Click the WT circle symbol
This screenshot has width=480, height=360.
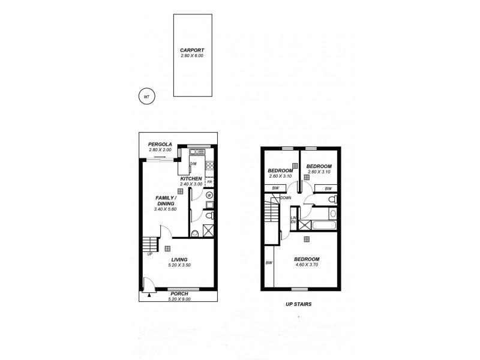pyautogui.click(x=146, y=95)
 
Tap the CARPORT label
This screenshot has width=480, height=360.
pyautogui.click(x=192, y=50)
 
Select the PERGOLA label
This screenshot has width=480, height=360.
pyautogui.click(x=161, y=144)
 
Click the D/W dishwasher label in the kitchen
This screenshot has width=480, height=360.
pyautogui.click(x=193, y=164)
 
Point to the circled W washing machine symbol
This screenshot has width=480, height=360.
pyautogui.click(x=209, y=195)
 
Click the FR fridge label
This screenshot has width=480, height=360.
pyautogui.click(x=209, y=182)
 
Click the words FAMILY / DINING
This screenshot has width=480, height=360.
pyautogui.click(x=165, y=200)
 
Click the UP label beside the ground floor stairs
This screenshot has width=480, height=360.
pyautogui.click(x=149, y=254)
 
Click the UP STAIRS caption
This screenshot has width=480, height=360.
pyautogui.click(x=298, y=304)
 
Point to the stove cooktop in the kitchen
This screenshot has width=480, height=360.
pyautogui.click(x=210, y=166)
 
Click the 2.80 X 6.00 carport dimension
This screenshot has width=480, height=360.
pyautogui.click(x=192, y=56)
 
